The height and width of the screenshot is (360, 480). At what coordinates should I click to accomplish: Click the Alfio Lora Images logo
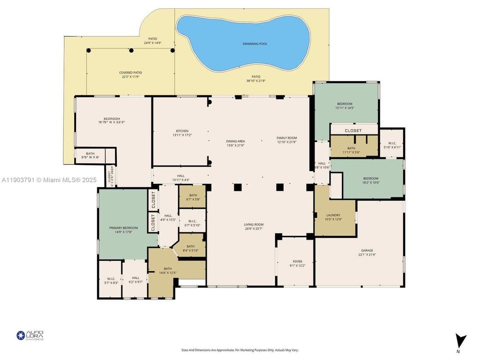point(30,335)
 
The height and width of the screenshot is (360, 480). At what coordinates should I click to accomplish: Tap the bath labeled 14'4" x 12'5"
point(167,270)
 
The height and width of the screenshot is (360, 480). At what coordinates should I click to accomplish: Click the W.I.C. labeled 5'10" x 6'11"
point(391,145)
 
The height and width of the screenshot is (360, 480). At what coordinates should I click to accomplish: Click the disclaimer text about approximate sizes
point(239,350)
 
